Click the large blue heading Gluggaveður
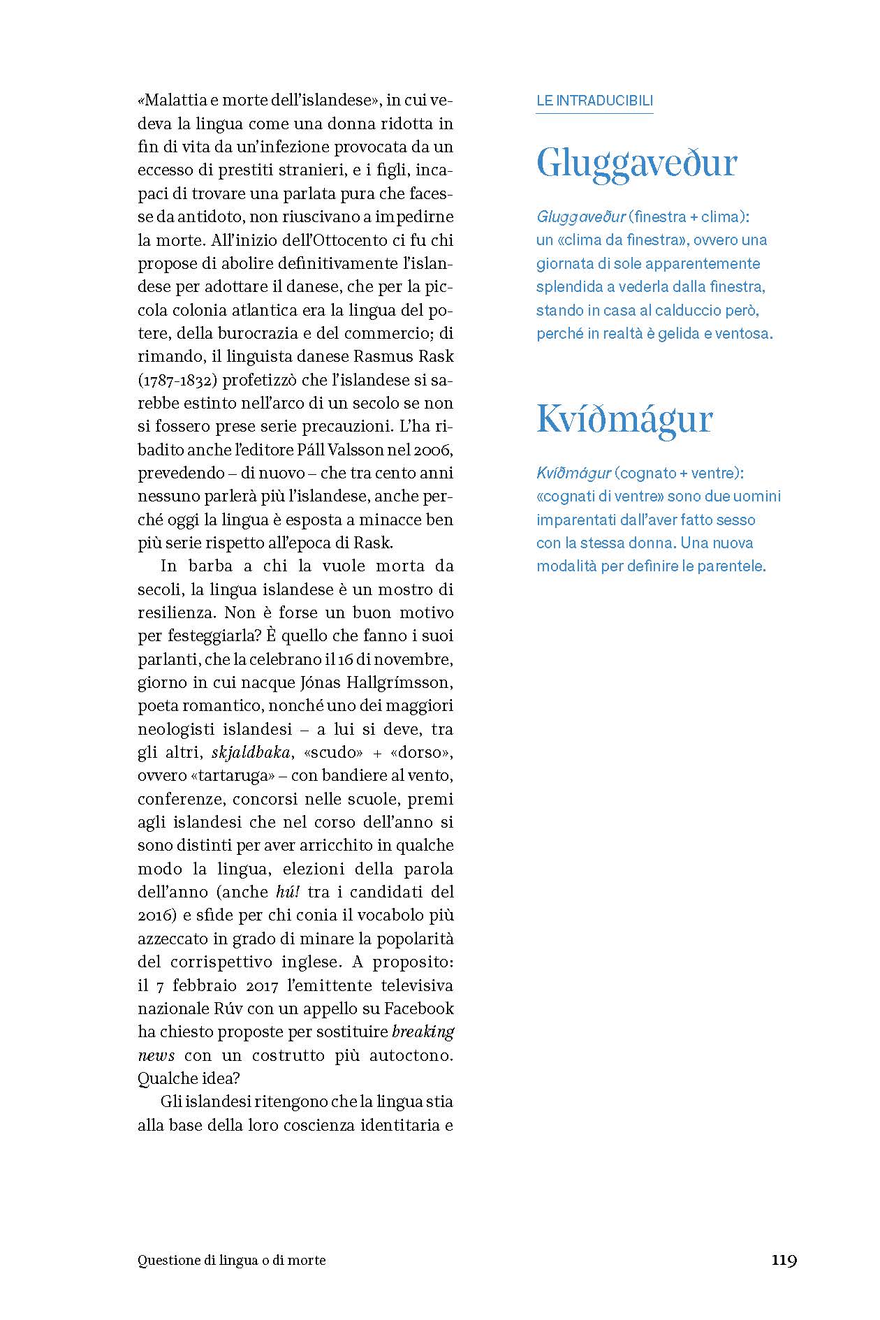636,164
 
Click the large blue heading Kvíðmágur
624,420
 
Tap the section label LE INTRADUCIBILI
594,101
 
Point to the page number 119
784,1260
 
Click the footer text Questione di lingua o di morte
232,1261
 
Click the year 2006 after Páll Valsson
439,449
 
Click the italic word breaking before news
423,1032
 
